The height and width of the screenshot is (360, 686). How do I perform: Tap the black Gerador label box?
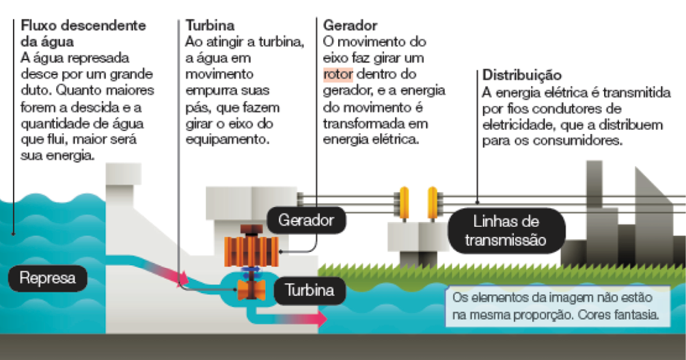coord(305,221)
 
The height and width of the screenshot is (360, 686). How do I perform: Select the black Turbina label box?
coord(310,291)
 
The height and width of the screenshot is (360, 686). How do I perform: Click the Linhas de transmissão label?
coord(505,231)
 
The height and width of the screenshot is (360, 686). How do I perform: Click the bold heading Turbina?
coord(210,26)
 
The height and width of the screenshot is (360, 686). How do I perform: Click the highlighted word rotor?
coord(338,74)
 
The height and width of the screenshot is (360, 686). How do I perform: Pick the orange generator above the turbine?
coord(251,247)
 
